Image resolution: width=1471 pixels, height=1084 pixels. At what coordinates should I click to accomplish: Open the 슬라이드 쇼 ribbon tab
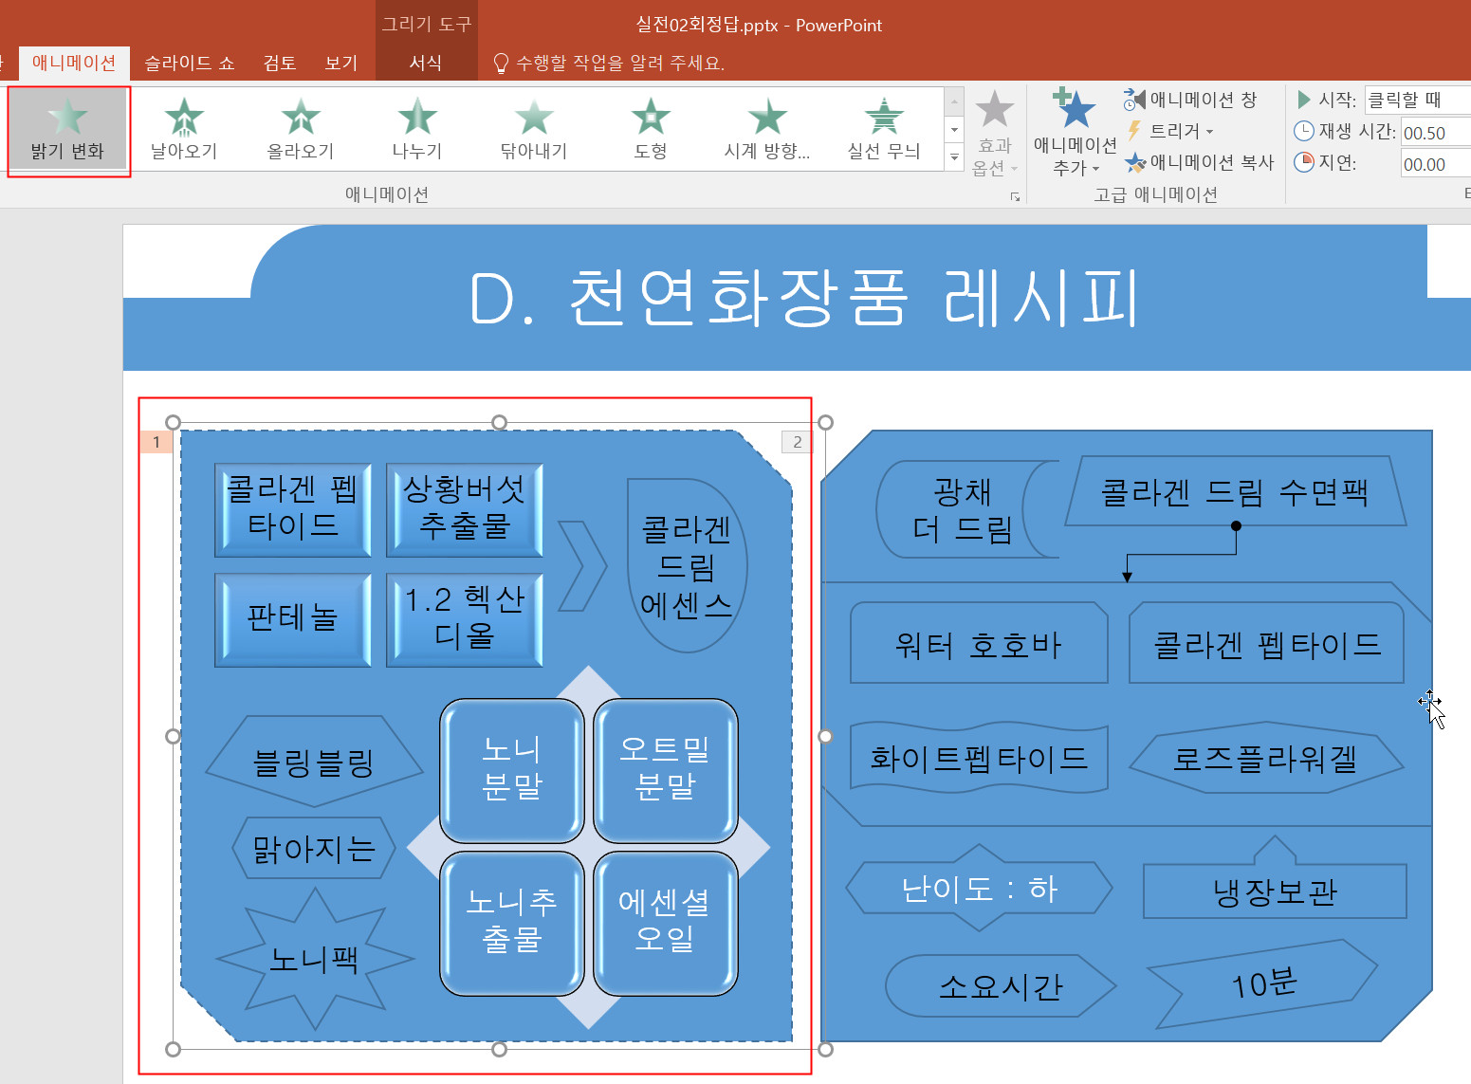coord(189,63)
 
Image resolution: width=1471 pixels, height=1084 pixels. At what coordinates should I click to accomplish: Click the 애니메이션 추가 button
coord(1075,133)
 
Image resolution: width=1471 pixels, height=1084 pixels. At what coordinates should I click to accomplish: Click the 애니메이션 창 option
coord(1191,100)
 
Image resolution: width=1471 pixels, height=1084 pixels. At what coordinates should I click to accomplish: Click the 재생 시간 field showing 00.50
coord(1434,133)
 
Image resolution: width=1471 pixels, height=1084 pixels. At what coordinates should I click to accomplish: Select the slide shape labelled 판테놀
coord(292,618)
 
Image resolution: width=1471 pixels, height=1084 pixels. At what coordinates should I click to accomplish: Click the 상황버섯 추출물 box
coord(464,509)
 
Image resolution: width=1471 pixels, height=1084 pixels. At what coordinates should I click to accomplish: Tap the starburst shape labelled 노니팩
coord(314,960)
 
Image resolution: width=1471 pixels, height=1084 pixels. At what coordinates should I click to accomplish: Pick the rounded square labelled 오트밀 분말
coord(665,769)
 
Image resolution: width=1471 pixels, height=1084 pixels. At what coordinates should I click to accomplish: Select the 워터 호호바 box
coord(978,644)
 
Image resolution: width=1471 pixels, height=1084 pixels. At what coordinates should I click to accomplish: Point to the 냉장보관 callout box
coord(1274,891)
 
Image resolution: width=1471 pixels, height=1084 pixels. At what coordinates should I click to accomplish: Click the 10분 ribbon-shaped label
coord(1262,984)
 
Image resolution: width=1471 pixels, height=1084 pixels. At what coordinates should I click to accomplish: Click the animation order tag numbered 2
coord(797,442)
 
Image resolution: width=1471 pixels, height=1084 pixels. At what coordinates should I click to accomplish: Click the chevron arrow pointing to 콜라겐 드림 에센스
coord(581,565)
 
